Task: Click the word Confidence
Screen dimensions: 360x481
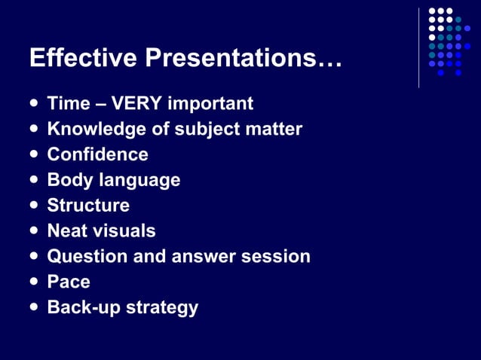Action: [97, 154]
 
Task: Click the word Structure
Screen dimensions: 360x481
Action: [88, 206]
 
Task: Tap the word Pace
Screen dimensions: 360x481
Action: [69, 282]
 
